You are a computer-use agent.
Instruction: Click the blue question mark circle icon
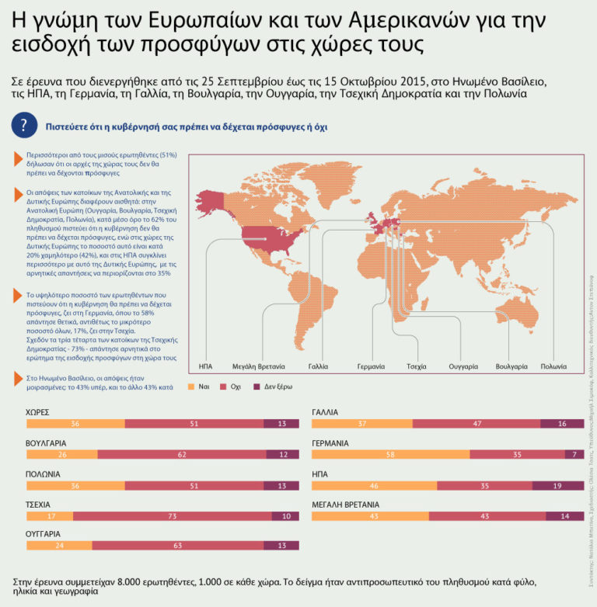25,125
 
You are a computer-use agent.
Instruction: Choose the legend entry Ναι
200,385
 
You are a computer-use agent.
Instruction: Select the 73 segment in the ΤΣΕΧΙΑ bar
172,515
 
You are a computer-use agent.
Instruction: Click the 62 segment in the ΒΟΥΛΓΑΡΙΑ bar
181,454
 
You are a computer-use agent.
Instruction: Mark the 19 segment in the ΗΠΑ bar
557,485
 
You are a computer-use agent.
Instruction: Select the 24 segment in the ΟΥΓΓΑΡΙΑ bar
59,546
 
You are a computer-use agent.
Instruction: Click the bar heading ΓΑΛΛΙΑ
325,412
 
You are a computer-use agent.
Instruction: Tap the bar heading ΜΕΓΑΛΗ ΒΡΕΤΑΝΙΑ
345,504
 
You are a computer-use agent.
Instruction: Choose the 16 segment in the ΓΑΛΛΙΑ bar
561,424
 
